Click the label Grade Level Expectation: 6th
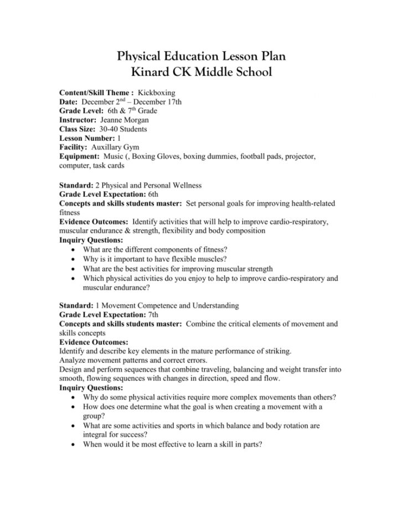(x=108, y=195)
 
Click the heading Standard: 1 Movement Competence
(x=149, y=305)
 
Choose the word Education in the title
(x=190, y=56)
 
